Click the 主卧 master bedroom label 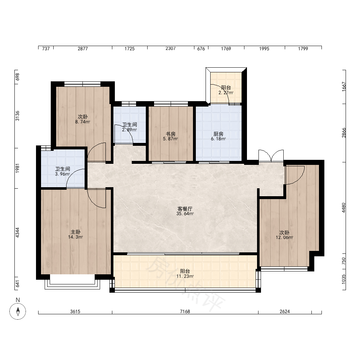[76, 232]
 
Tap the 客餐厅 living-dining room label [185, 209]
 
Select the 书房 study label [171, 134]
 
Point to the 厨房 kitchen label [219, 134]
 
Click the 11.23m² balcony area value [185, 276]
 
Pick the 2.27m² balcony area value [226, 93]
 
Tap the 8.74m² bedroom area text [83, 122]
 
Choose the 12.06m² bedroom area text [284, 238]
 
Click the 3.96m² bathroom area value [62, 174]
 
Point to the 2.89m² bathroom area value [130, 130]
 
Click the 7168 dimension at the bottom [185, 311]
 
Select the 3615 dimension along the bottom [75, 311]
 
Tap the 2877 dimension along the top [83, 49]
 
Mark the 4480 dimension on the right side [343, 208]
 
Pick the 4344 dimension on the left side [17, 233]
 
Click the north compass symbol [18, 311]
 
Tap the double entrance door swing [271, 156]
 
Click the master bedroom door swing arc [96, 198]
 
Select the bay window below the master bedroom [72, 282]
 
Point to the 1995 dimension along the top [264, 49]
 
